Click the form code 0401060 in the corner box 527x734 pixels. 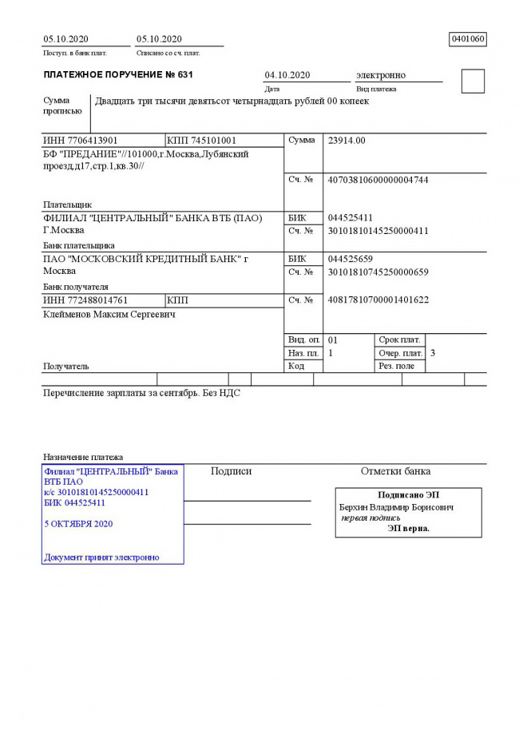pyautogui.click(x=468, y=39)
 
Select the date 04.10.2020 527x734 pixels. pyautogui.click(x=287, y=75)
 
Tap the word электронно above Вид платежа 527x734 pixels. pyautogui.click(x=381, y=75)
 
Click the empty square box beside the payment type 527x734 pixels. pyautogui.click(x=473, y=81)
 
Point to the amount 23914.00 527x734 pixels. pyautogui.click(x=347, y=141)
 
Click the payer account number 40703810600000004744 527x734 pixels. pyautogui.click(x=378, y=181)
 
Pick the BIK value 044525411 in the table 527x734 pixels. pyautogui.click(x=351, y=218)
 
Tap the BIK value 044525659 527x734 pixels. pyautogui.click(x=351, y=260)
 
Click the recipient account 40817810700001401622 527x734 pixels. pyautogui.click(x=378, y=300)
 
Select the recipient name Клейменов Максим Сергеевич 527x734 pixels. pyautogui.click(x=109, y=315)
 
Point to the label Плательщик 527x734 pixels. pyautogui.click(x=67, y=204)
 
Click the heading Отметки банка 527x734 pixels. pyautogui.click(x=395, y=471)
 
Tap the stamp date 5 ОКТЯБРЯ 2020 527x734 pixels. pyautogui.click(x=78, y=524)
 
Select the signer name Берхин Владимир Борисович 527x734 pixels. pyautogui.click(x=397, y=507)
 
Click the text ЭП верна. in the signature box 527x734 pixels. pyautogui.click(x=408, y=529)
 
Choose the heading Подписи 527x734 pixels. pyautogui.click(x=231, y=471)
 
